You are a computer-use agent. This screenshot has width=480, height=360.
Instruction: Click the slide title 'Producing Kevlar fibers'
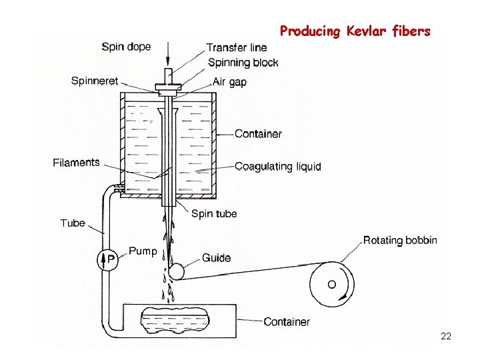(x=355, y=31)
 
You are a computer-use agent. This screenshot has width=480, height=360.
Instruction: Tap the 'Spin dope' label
(x=126, y=47)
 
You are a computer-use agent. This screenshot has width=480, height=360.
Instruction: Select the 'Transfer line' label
(x=237, y=47)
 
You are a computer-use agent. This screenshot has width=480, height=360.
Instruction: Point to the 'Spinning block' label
(x=243, y=63)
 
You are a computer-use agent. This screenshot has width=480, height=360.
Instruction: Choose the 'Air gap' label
(x=230, y=82)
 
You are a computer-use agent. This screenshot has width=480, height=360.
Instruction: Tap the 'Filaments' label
(x=76, y=163)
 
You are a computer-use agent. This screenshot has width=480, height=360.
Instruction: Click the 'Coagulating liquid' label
(x=277, y=167)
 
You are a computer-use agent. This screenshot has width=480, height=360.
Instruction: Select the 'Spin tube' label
(x=213, y=214)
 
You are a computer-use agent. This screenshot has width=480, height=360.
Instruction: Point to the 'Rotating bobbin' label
(x=400, y=240)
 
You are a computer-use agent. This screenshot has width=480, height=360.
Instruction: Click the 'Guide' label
(x=217, y=258)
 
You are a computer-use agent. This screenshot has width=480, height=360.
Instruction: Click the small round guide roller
(x=177, y=271)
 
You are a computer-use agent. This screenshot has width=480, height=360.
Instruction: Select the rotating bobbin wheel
(x=331, y=284)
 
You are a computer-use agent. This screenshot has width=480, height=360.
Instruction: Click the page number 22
(x=446, y=337)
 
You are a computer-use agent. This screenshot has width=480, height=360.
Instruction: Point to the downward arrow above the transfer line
(x=169, y=52)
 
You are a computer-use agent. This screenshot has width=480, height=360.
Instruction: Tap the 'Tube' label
(x=73, y=223)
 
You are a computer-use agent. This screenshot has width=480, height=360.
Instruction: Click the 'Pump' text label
(x=143, y=251)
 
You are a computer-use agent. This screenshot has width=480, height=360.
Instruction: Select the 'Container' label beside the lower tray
(x=286, y=322)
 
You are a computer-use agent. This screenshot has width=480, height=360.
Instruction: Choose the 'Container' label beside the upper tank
(x=258, y=134)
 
